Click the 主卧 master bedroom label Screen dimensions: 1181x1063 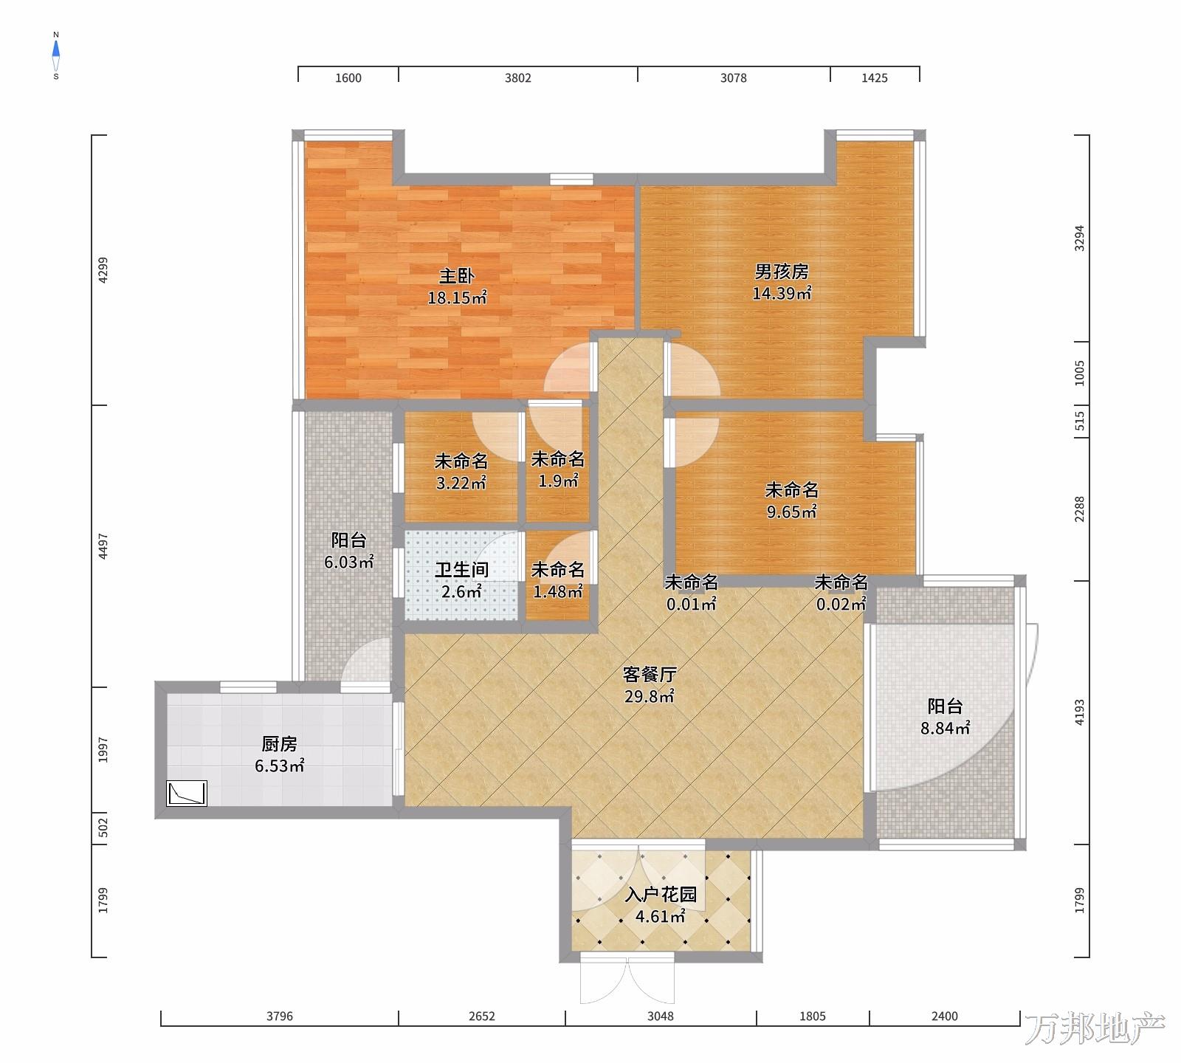[457, 276]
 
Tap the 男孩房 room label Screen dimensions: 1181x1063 [782, 272]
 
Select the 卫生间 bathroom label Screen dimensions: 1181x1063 [461, 570]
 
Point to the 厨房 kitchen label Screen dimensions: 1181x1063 [280, 744]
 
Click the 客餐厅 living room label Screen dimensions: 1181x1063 [650, 674]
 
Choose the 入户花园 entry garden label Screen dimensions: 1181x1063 [661, 895]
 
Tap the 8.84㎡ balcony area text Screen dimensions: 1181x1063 [945, 729]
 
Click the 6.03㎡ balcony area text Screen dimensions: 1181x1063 [349, 563]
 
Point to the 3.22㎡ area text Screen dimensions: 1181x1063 [461, 484]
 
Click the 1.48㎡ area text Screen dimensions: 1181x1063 [558, 591]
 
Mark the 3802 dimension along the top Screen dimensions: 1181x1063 [518, 78]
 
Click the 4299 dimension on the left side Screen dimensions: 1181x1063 [103, 270]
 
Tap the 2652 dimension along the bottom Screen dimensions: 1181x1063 [482, 1016]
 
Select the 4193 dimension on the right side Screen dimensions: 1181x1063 [1080, 712]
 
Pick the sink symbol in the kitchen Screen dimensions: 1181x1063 [187, 794]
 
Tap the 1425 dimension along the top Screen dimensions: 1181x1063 [875, 78]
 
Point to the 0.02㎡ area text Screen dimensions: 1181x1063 [841, 605]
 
